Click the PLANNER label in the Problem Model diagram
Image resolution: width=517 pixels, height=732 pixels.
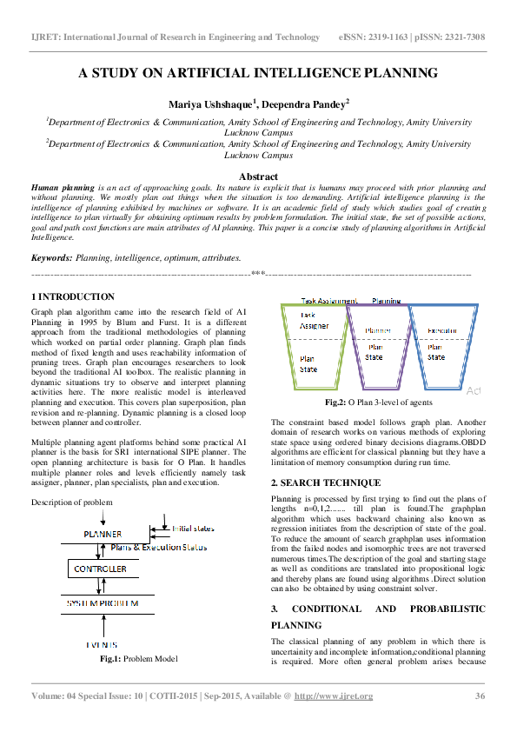pos(103,533)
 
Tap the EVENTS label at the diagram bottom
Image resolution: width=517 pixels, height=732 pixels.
pos(102,643)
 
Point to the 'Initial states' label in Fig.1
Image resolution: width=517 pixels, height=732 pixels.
pos(193,528)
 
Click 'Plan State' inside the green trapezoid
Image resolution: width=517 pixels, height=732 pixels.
pos(308,363)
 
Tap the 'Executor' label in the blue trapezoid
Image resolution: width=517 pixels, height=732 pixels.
pos(443,331)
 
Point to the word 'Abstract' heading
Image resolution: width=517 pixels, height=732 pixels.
pos(258,176)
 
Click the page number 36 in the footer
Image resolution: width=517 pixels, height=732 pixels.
pos(479,695)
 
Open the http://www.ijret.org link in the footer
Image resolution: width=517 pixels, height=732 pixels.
pos(334,695)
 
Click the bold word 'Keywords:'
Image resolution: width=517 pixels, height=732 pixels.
pos(51,258)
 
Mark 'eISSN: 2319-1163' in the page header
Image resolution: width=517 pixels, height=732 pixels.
pos(375,37)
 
